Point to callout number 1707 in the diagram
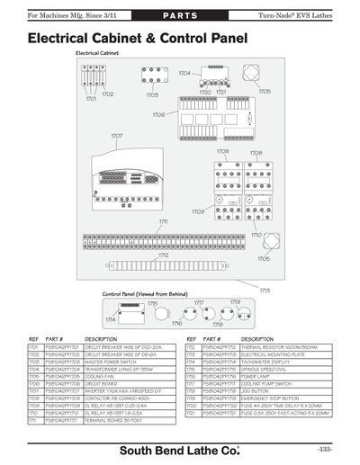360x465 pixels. tap(117, 136)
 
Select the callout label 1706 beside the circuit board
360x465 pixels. tap(157, 115)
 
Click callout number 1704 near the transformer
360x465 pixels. tap(184, 73)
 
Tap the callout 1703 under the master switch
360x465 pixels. tap(152, 94)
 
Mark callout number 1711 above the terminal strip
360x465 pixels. tap(164, 220)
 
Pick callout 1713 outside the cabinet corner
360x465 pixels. tap(265, 290)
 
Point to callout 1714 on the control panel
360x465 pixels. tap(110, 319)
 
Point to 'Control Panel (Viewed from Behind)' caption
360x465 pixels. tap(144, 294)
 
